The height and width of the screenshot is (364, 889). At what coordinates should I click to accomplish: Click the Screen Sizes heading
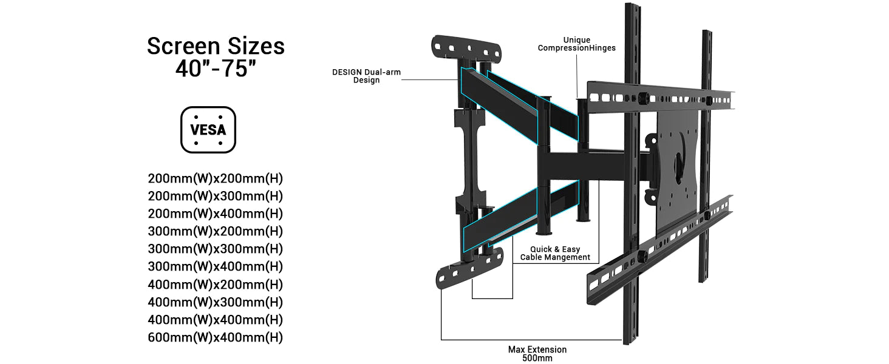(216, 47)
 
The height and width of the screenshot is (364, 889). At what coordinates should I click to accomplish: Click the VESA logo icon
(208, 130)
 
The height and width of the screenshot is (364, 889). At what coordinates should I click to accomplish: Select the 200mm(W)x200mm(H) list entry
(216, 179)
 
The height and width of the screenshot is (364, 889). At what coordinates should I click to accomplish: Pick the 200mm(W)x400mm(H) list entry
(216, 214)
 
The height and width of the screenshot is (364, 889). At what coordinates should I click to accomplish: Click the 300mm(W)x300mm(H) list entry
(216, 249)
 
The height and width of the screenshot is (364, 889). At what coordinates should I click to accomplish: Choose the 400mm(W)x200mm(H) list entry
(216, 285)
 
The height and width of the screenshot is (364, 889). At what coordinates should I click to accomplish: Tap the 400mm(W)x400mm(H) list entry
(216, 320)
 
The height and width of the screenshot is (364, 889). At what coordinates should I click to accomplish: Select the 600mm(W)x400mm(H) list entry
(216, 337)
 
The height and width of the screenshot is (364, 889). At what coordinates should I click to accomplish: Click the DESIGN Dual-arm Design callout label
(366, 76)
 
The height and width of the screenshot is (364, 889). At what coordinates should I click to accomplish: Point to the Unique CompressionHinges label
(576, 44)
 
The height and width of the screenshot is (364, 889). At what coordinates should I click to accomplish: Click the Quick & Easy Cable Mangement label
(555, 253)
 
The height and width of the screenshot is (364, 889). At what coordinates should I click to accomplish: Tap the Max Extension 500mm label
(537, 354)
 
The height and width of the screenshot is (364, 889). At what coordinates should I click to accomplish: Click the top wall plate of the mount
(466, 45)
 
